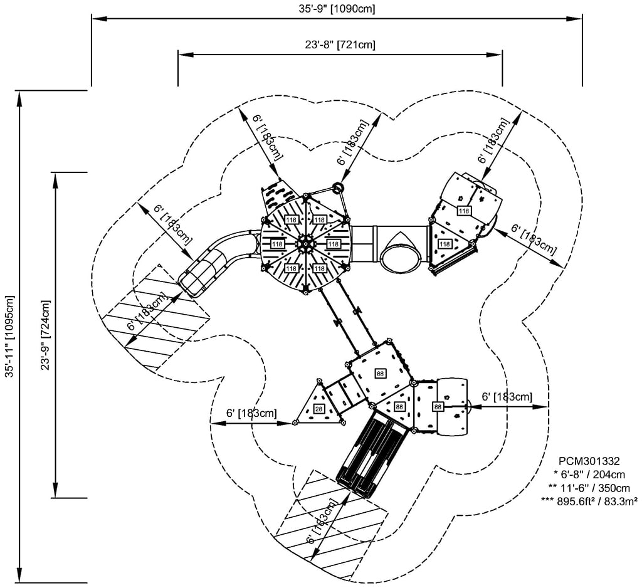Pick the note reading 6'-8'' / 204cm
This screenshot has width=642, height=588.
[x=589, y=474]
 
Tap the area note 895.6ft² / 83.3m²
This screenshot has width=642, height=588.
[x=589, y=500]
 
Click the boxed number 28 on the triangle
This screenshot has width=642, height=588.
[x=318, y=409]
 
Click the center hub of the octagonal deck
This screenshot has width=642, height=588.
[x=305, y=243]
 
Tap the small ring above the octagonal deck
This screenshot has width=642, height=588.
[x=339, y=186]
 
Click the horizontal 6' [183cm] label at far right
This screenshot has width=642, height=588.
[x=507, y=397]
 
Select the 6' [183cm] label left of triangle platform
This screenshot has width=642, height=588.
[x=251, y=413]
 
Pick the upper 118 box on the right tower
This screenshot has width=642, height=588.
[x=463, y=211]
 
